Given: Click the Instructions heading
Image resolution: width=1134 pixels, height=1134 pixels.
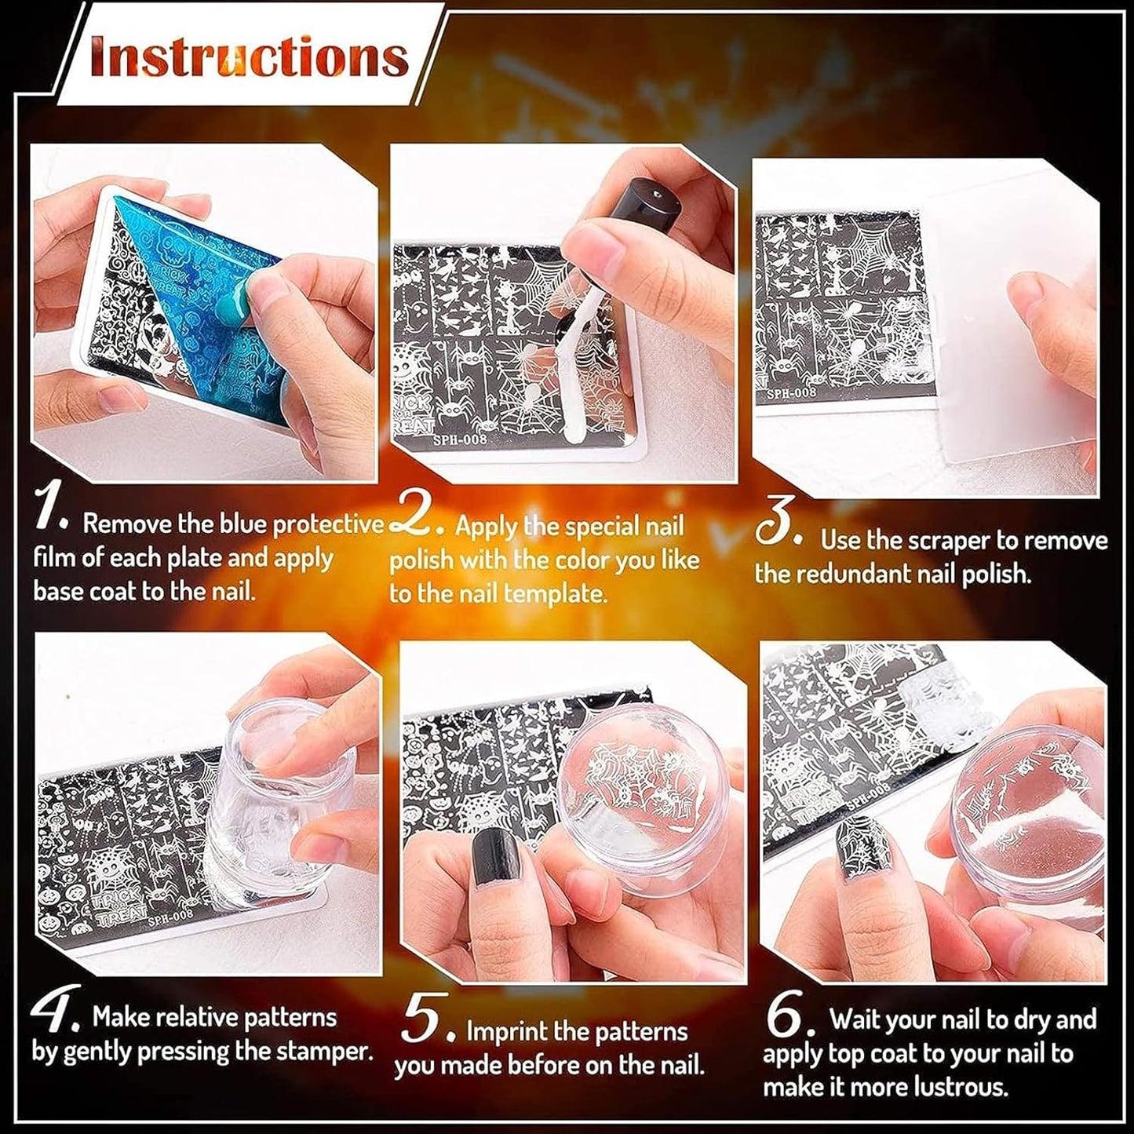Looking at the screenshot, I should [x=250, y=57].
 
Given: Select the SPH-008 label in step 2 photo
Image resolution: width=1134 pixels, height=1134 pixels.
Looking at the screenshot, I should [x=460, y=439].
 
